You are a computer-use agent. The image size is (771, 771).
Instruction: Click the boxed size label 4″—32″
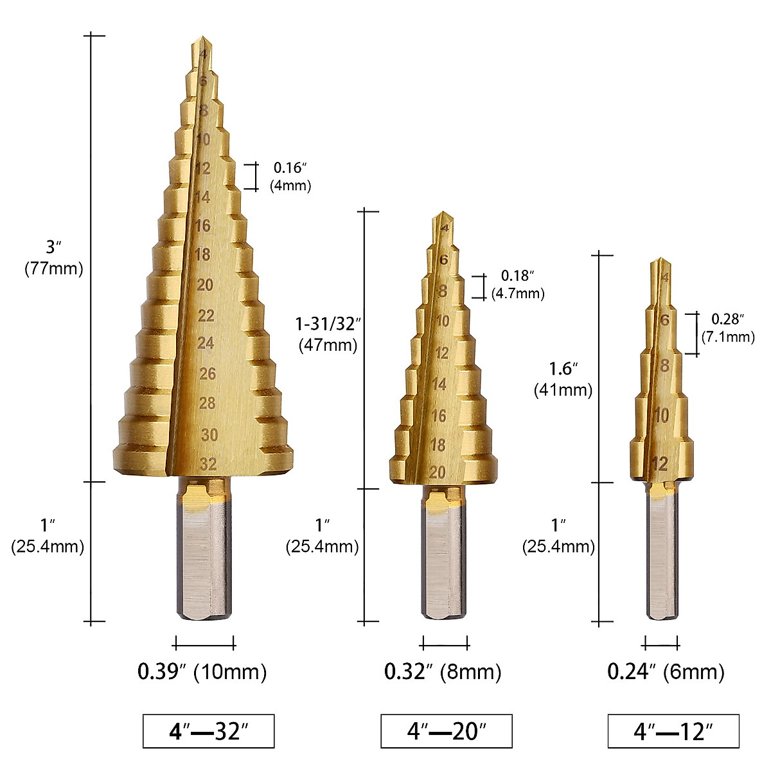(208, 731)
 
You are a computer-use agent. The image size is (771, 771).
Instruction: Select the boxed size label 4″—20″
(447, 731)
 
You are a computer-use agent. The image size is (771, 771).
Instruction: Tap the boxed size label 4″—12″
(673, 731)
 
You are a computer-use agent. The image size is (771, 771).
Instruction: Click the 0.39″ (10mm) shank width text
(202, 672)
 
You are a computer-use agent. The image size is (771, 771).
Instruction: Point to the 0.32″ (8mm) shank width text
(443, 672)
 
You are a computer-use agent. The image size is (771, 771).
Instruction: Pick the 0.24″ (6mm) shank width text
(666, 672)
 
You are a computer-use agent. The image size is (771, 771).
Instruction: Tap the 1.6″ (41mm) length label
(563, 379)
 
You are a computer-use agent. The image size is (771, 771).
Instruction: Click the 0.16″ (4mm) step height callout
(292, 177)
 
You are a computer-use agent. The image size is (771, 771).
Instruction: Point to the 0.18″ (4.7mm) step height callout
(518, 285)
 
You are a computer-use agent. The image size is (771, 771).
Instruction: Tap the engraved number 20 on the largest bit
(205, 285)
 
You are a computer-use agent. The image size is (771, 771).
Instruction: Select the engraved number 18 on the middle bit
(438, 445)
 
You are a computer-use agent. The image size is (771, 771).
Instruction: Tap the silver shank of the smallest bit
(662, 559)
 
